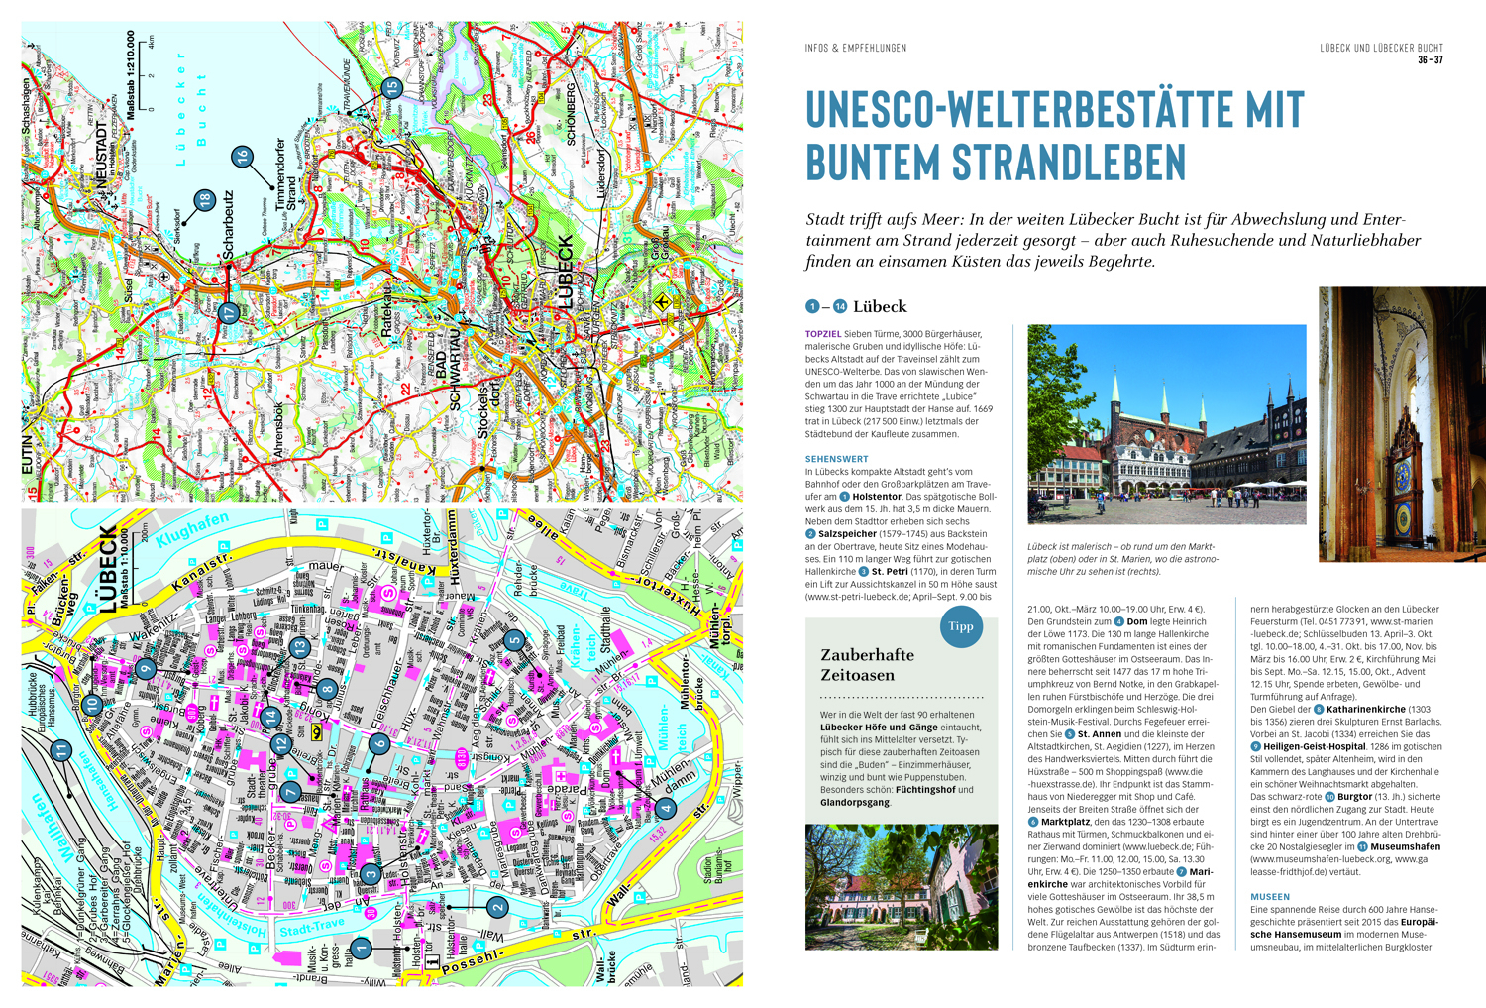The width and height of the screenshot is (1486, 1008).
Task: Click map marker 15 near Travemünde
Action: point(391,87)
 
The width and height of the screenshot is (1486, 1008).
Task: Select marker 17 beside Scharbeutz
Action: point(228,313)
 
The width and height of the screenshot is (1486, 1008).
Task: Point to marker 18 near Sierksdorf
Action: point(204,200)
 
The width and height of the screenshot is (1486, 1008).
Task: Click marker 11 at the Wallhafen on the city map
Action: point(61,751)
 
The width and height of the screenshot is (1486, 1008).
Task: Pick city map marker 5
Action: point(514,640)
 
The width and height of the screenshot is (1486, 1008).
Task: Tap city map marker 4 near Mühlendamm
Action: point(667,808)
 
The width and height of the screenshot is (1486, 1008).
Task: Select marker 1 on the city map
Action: point(362,948)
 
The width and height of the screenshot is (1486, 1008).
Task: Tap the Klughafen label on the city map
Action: point(192,530)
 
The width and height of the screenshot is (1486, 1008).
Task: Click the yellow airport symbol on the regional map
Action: point(662,303)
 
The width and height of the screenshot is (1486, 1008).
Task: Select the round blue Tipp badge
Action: point(960,626)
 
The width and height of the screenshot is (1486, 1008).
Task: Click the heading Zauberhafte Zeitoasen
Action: point(867,665)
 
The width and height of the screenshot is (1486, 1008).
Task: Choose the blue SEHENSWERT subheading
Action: point(836,459)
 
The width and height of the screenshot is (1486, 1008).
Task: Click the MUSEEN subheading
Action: point(1269,897)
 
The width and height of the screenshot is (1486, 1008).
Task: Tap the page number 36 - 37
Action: point(1430,60)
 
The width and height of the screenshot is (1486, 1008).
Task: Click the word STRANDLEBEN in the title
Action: point(1068,162)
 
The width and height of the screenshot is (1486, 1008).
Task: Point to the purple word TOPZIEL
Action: point(823,334)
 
